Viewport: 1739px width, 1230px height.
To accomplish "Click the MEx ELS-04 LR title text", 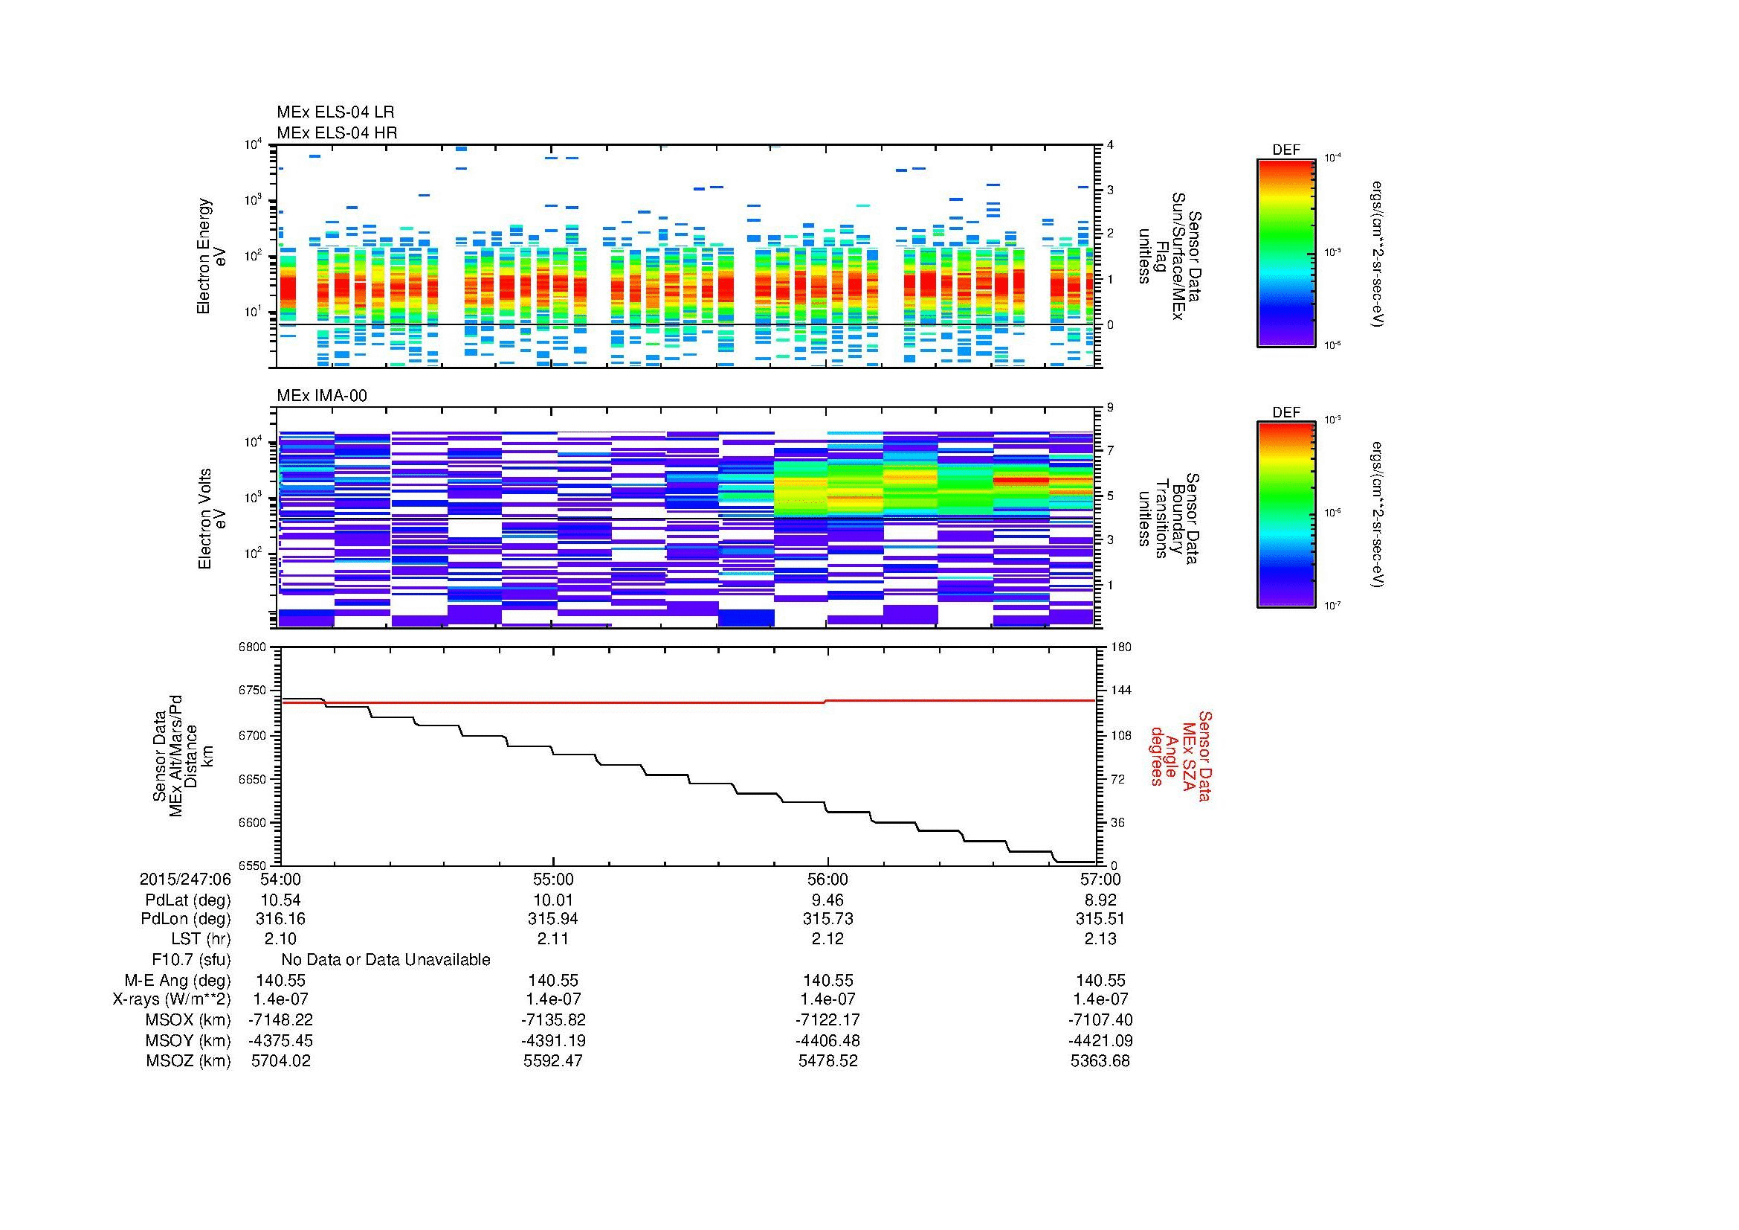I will pyautogui.click(x=335, y=112).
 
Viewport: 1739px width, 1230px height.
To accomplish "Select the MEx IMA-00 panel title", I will pyautogui.click(x=322, y=396).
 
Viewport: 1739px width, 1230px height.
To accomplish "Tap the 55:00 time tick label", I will pyautogui.click(x=553, y=879).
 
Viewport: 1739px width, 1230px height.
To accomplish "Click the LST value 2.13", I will pyautogui.click(x=1100, y=938).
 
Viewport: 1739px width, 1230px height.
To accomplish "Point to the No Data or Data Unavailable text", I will pyautogui.click(x=386, y=959).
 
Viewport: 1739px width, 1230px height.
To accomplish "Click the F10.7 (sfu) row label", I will pyautogui.click(x=191, y=959).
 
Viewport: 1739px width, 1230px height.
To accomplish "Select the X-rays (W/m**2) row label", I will pyautogui.click(x=171, y=999).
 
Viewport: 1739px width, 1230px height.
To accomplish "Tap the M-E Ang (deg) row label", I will pyautogui.click(x=178, y=980).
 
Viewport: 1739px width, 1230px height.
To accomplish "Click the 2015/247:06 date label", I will pyautogui.click(x=185, y=879).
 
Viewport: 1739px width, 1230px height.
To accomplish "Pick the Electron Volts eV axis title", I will pyautogui.click(x=212, y=519).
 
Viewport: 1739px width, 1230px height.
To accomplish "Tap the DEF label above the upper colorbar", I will pyautogui.click(x=1286, y=150).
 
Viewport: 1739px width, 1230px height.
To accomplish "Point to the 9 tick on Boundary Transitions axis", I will pyautogui.click(x=1110, y=408).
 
